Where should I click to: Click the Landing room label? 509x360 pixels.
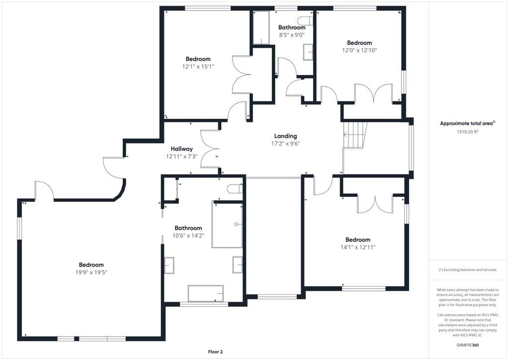285,136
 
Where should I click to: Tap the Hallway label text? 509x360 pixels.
181,149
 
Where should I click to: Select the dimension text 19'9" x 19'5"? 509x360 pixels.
91,272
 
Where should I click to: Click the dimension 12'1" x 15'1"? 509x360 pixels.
198,66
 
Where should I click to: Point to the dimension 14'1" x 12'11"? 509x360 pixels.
357,247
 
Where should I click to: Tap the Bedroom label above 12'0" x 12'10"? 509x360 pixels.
359,43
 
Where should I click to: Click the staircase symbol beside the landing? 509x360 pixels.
355,135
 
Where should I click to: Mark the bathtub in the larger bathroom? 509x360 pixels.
205,293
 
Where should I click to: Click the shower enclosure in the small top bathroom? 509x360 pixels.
261,27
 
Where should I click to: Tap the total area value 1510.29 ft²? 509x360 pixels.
467,132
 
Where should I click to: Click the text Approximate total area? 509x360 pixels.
467,123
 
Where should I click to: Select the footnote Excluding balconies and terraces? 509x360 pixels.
467,270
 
